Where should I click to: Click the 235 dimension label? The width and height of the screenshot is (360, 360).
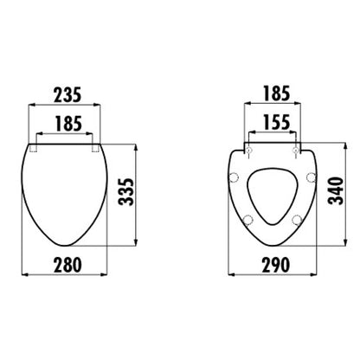68,95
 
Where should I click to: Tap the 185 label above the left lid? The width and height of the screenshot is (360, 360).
68,124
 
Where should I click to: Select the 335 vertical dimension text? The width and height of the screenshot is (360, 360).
126,192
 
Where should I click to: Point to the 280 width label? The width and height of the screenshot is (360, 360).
67,265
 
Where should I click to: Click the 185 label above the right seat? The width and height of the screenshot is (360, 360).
276,93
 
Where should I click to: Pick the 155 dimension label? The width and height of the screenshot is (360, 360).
276,122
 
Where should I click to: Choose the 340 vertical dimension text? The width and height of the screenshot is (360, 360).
337,191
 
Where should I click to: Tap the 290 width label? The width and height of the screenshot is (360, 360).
275,265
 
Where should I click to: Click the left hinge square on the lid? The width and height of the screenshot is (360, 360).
33,148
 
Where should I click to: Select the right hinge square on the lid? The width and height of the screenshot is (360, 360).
95,148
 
